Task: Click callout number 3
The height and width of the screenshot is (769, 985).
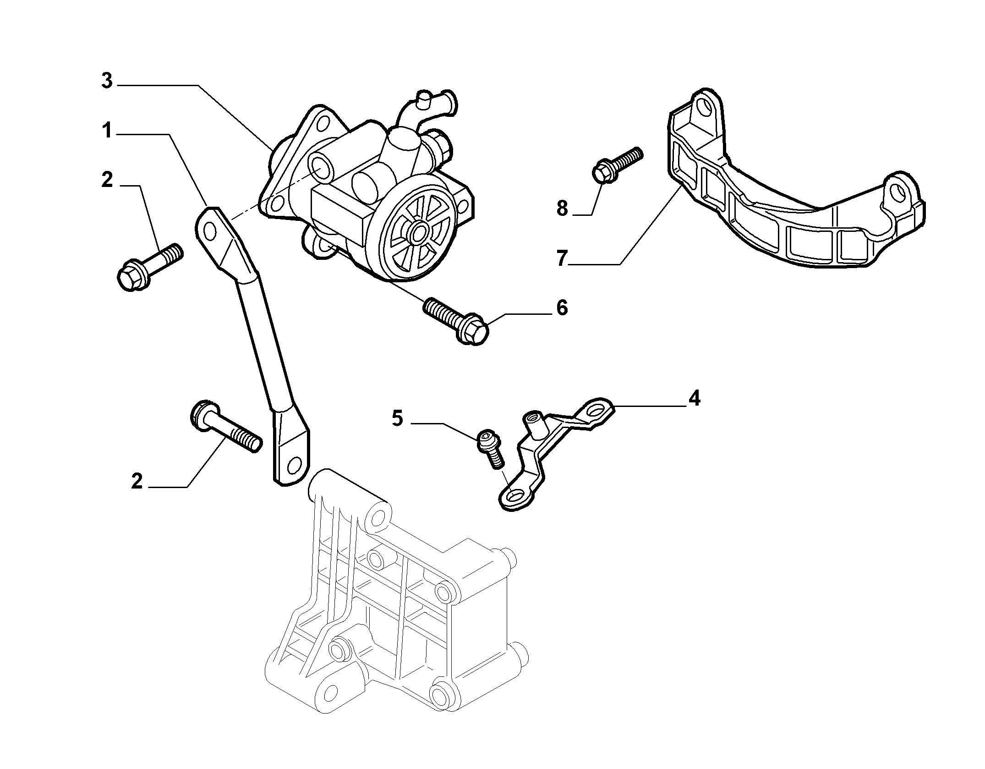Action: coord(107,82)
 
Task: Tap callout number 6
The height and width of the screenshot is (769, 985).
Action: coord(562,308)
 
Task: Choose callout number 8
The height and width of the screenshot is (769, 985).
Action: coord(562,209)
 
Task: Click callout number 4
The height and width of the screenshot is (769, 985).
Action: coord(695,399)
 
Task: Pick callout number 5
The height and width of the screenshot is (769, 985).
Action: coord(397,418)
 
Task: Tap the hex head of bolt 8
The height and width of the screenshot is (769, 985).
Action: coord(604,172)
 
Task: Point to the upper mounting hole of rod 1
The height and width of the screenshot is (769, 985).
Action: coord(210,231)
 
